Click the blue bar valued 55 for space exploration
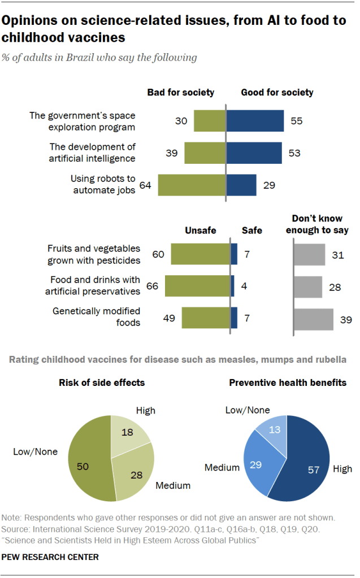(255, 121)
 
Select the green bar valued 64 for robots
(192, 185)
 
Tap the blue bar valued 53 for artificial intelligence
(254, 153)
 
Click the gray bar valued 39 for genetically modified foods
(314, 318)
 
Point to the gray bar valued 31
(310, 255)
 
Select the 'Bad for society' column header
(181, 92)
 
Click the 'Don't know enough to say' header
(317, 224)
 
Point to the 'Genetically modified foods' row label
(96, 317)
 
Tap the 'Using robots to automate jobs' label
(103, 184)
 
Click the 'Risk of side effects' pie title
(102, 383)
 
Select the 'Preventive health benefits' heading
(288, 383)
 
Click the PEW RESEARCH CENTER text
(50, 557)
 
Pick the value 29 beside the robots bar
(269, 185)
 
